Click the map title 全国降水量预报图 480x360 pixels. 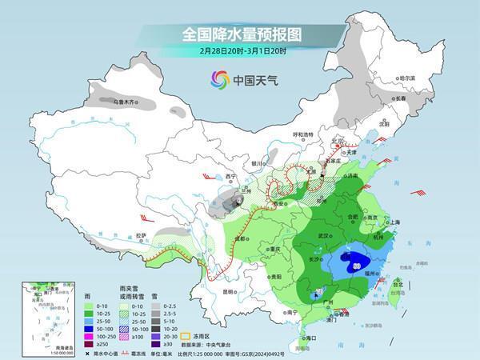click(x=239, y=34)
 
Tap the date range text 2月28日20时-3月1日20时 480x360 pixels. click(x=239, y=52)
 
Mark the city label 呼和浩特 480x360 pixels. click(x=306, y=135)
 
